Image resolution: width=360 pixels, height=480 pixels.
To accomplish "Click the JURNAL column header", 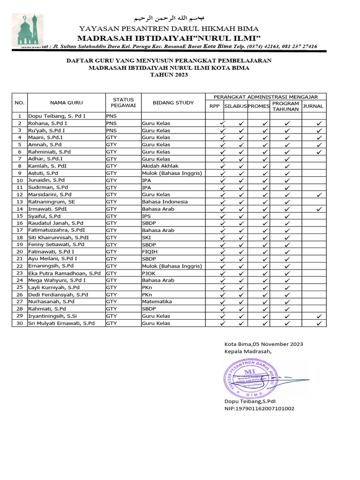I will click(x=314, y=106).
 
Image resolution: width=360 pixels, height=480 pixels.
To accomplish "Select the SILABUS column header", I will click(x=235, y=106).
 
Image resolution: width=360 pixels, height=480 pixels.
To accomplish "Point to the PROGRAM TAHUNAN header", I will click(x=285, y=106).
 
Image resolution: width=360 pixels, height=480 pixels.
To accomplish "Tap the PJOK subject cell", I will click(x=150, y=273).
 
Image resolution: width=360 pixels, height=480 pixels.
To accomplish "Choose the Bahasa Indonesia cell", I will click(x=165, y=202).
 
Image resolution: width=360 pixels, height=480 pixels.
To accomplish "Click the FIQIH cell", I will click(x=149, y=251).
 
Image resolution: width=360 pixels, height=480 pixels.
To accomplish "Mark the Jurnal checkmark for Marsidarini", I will click(x=319, y=195).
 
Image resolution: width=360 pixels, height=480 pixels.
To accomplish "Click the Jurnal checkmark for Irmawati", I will click(x=319, y=209).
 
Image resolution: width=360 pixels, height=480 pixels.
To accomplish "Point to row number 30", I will click(x=20, y=323).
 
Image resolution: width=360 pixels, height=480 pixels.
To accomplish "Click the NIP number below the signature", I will click(x=260, y=409).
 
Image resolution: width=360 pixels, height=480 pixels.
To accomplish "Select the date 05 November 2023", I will click(x=278, y=344).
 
